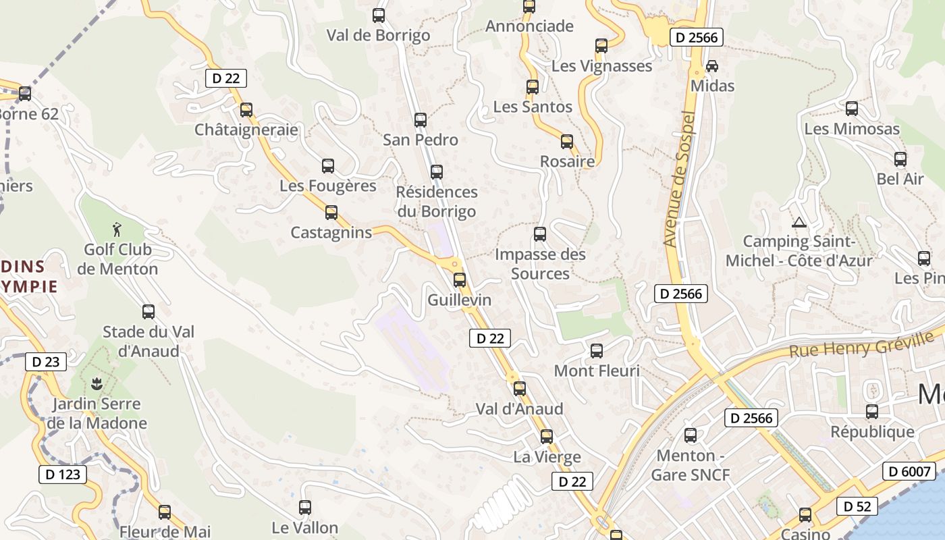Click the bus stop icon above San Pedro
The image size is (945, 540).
click(421, 120)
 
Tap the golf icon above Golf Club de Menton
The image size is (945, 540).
click(117, 230)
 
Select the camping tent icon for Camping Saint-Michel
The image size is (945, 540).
click(799, 222)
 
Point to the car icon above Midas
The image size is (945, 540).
click(712, 66)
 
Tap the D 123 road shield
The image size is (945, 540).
click(63, 475)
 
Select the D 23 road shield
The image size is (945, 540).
click(46, 362)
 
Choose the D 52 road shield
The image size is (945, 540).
click(857, 506)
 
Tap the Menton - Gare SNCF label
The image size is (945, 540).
click(691, 465)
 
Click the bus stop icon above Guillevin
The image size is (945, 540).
click(460, 279)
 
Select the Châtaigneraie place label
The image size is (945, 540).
click(246, 129)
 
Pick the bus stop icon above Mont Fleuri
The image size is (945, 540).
click(597, 351)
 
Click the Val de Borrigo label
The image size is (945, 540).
click(379, 35)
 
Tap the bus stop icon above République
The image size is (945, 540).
click(872, 412)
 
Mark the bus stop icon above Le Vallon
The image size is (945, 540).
click(305, 508)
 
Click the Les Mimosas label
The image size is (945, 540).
click(852, 128)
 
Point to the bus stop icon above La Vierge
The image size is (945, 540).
click(547, 437)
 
